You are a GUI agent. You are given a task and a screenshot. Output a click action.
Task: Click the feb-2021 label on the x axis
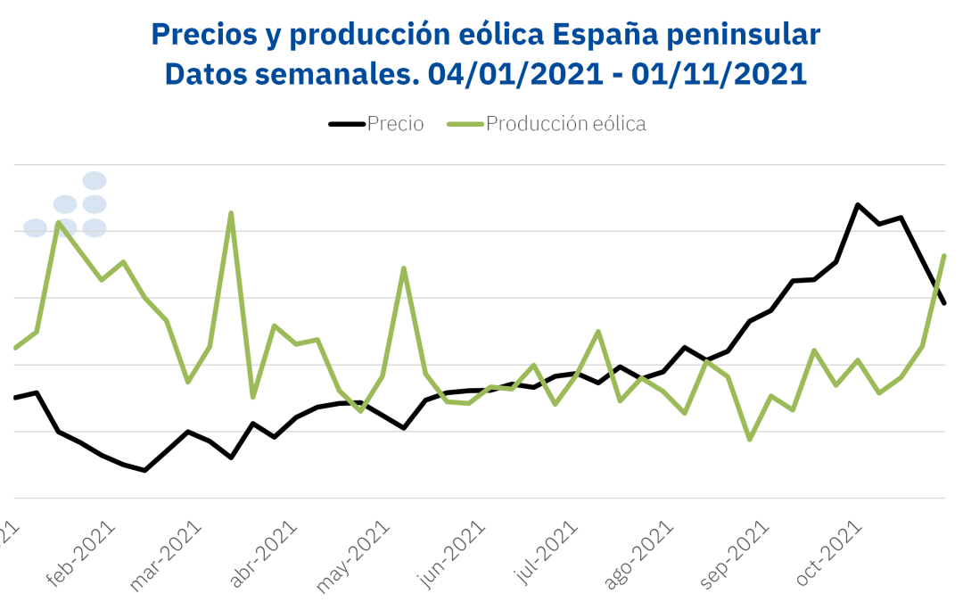[82, 552]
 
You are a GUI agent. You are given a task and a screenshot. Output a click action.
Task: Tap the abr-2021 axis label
[263, 553]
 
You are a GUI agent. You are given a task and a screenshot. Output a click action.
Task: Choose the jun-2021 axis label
[455, 553]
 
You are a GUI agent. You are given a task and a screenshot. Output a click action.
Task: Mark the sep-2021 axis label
[736, 554]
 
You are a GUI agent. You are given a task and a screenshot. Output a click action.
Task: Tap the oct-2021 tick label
[828, 553]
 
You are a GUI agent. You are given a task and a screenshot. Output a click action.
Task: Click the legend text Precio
[395, 124]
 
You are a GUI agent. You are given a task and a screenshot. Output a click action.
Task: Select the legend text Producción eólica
[565, 124]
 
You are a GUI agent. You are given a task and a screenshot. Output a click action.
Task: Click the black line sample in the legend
[347, 124]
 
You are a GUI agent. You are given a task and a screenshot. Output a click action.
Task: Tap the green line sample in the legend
[465, 124]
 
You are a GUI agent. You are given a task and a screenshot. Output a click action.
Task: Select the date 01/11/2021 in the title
[719, 73]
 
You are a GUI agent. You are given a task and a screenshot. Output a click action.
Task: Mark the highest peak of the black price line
[858, 205]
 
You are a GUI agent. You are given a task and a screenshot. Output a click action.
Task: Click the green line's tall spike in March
[231, 213]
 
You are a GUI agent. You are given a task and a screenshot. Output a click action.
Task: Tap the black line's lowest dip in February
[144, 470]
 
